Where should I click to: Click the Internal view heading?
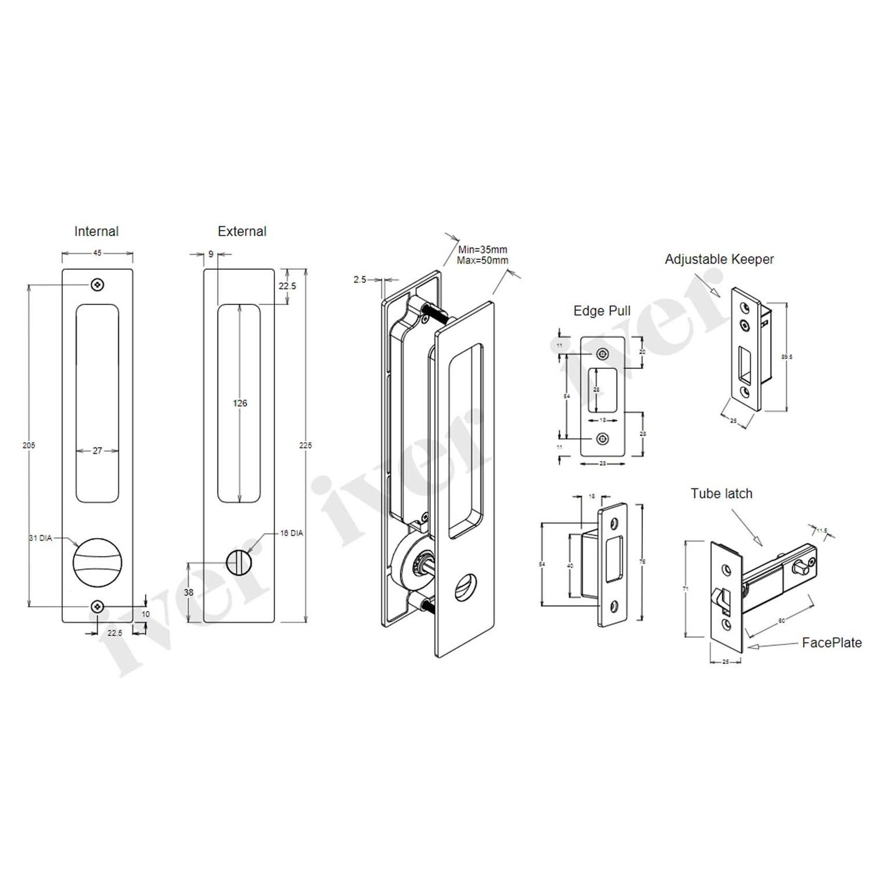pyautogui.click(x=96, y=231)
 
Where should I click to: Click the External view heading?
pyautogui.click(x=242, y=231)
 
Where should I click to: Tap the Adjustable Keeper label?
pyautogui.click(x=719, y=259)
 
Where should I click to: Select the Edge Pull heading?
pyautogui.click(x=602, y=311)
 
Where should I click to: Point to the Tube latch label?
pyautogui.click(x=721, y=494)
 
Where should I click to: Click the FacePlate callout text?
pyautogui.click(x=832, y=643)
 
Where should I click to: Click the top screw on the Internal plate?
pyautogui.click(x=97, y=285)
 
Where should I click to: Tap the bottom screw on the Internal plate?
pyautogui.click(x=97, y=607)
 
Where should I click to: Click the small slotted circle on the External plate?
pyautogui.click(x=239, y=562)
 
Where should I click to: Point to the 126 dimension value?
pyautogui.click(x=240, y=403)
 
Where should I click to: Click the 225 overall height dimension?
pyautogui.click(x=306, y=445)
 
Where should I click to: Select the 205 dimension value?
pyautogui.click(x=29, y=445)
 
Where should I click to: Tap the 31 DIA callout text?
pyautogui.click(x=40, y=538)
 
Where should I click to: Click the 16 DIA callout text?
pyautogui.click(x=291, y=533)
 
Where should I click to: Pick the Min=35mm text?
pyautogui.click(x=483, y=250)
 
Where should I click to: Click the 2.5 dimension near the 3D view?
pyautogui.click(x=360, y=279)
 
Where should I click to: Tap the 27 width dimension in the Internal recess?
pyautogui.click(x=97, y=451)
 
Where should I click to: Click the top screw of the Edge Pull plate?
pyautogui.click(x=602, y=354)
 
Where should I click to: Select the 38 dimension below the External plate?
pyautogui.click(x=189, y=592)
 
